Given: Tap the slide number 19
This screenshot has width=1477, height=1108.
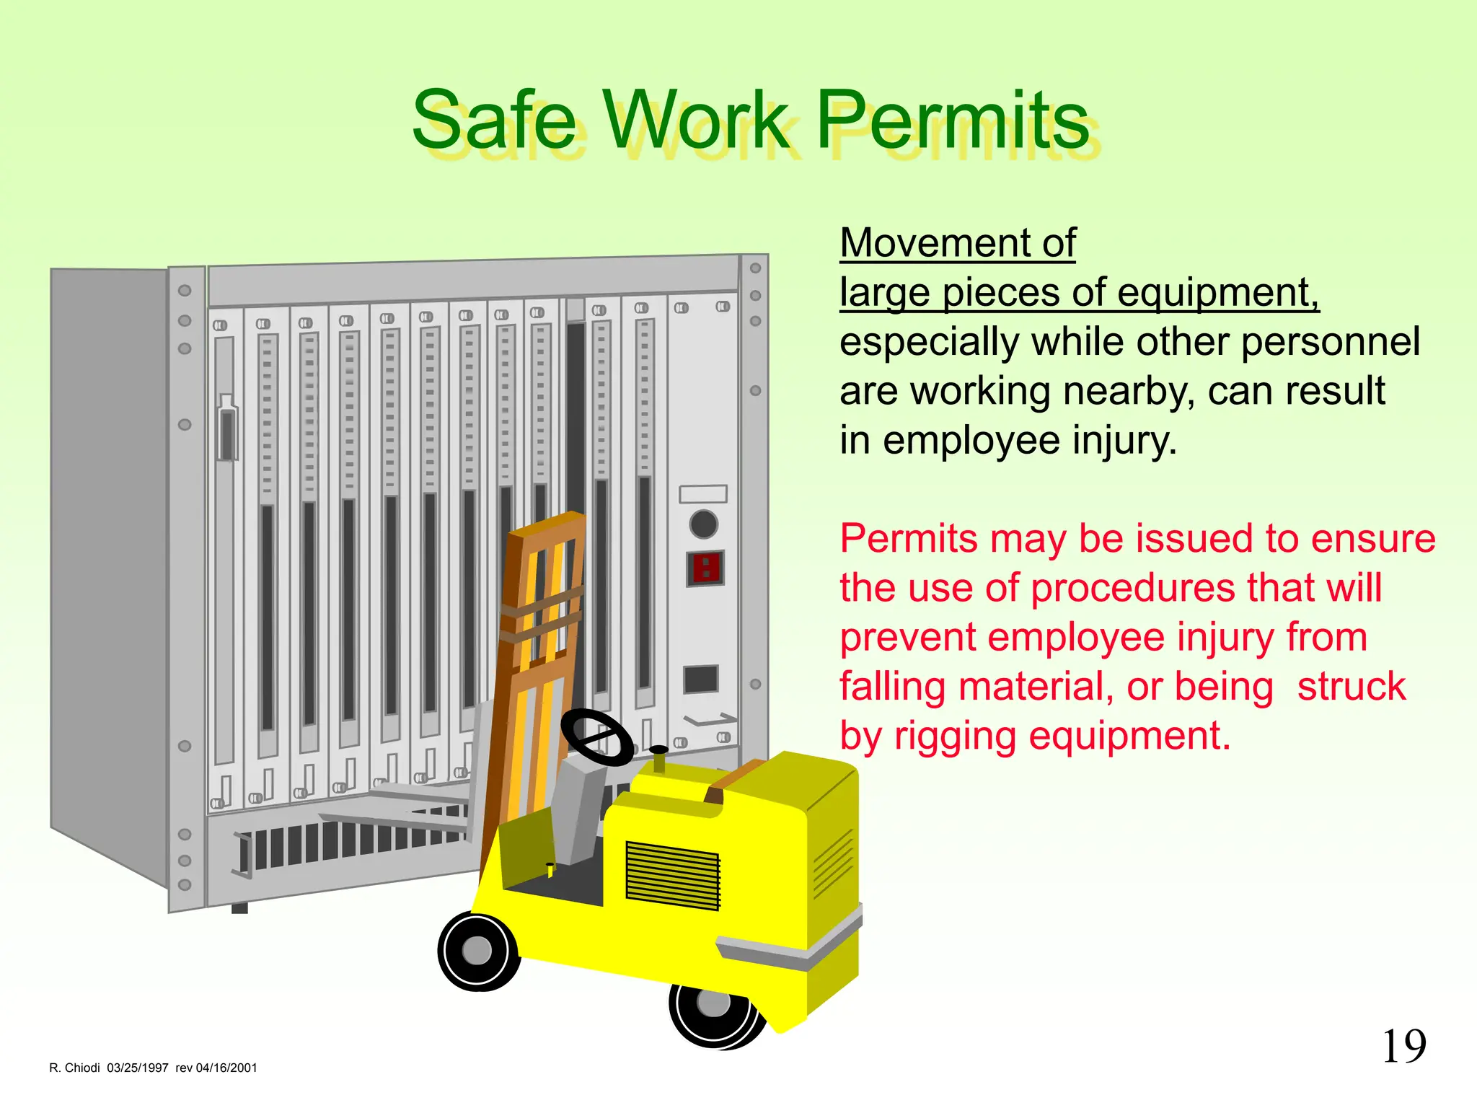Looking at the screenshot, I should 1403,1047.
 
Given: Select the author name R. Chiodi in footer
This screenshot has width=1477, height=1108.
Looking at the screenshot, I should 74,1068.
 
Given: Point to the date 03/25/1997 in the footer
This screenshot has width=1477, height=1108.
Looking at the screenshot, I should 138,1068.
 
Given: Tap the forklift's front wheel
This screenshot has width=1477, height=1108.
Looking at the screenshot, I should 477,950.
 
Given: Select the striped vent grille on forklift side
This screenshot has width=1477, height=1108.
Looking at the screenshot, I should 672,874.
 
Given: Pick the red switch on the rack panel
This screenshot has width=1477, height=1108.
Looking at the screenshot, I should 705,568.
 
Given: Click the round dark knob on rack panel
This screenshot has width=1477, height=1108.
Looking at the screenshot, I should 703,524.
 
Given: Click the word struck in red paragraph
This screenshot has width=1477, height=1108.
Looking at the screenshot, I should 1351,687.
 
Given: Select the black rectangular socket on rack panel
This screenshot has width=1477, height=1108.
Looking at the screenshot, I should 700,679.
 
